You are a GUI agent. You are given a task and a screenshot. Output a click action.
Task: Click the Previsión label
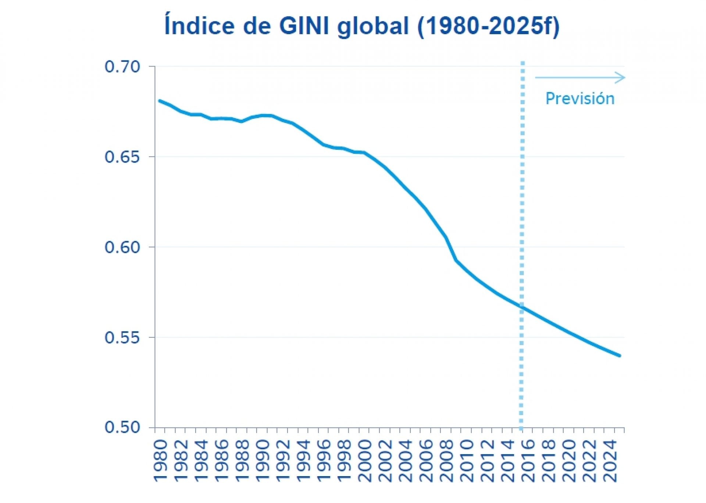[580, 99]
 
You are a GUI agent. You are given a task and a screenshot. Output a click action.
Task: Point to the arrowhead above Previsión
[621, 78]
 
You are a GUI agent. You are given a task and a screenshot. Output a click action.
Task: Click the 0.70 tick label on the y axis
[122, 67]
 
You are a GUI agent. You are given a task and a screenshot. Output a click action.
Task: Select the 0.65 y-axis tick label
[122, 157]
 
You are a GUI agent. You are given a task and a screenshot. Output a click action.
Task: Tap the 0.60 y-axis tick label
[122, 247]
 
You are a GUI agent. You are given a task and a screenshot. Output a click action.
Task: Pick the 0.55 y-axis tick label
[122, 338]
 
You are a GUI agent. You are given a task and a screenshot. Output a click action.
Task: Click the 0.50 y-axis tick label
[122, 428]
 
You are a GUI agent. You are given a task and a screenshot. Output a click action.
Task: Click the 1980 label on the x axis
[161, 461]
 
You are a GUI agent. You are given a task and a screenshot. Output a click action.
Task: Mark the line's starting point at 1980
[160, 101]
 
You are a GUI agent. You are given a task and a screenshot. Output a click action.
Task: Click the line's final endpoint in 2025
[620, 356]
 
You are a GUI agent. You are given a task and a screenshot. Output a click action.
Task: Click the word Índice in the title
[199, 26]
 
